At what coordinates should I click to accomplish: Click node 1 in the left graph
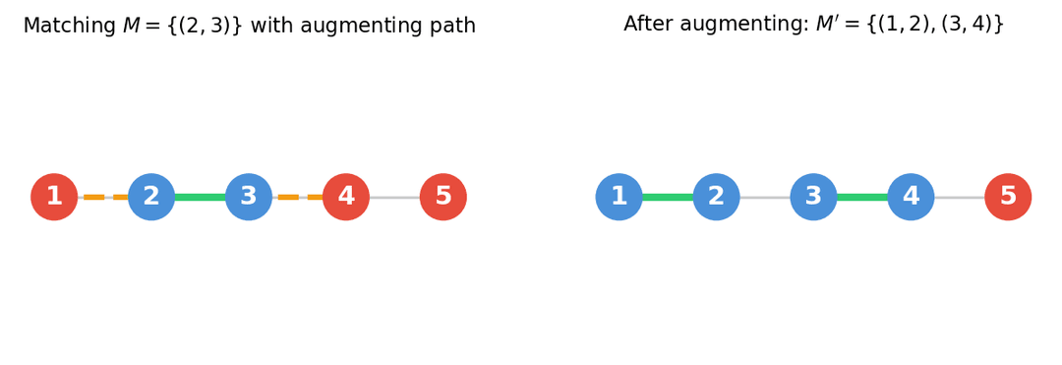[x=54, y=197]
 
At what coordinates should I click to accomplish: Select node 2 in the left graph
[x=151, y=197]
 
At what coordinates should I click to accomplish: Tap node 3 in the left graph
[x=249, y=197]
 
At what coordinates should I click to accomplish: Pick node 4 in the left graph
[x=346, y=197]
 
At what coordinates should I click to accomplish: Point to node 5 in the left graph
[x=443, y=197]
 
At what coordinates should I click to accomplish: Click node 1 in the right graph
[x=619, y=197]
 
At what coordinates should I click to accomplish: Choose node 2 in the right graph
[x=716, y=197]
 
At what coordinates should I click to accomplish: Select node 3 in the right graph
[x=813, y=197]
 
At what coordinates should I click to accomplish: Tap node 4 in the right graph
[x=911, y=197]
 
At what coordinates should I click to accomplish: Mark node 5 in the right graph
[x=1008, y=197]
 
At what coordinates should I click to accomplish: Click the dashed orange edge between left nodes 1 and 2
[x=94, y=197]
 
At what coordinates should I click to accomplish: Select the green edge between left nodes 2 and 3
[x=200, y=197]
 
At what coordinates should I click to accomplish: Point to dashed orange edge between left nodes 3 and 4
[x=288, y=197]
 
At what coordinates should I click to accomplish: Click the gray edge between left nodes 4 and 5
[x=394, y=197]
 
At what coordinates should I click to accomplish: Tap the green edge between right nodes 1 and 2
[x=668, y=197]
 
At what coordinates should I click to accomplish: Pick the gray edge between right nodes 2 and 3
[x=765, y=197]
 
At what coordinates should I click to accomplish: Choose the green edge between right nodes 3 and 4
[x=862, y=197]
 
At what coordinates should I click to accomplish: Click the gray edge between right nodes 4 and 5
[x=960, y=197]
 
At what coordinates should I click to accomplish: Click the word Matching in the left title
[x=69, y=27]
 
